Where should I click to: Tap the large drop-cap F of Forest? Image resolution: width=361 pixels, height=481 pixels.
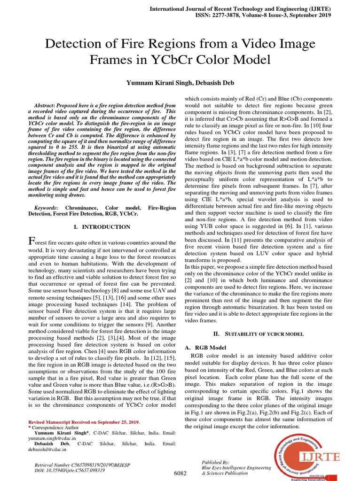click(32, 241)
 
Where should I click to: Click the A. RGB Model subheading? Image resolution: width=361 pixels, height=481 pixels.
click(205, 348)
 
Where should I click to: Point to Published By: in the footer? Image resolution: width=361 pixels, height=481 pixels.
click(215, 462)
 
